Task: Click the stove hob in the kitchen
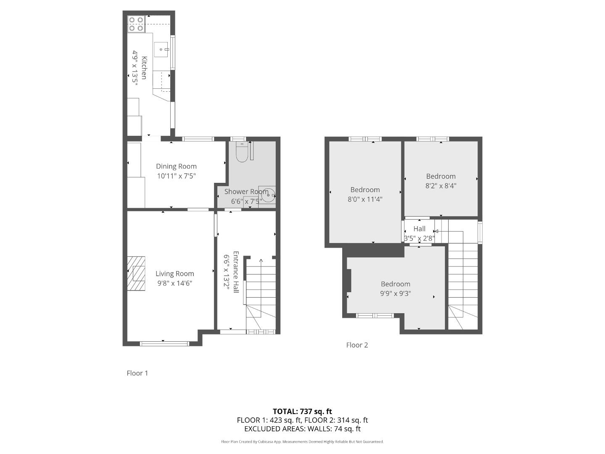(x=136, y=24)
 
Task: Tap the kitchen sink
(x=161, y=50)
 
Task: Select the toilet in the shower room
(x=242, y=151)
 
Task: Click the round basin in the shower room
(x=268, y=195)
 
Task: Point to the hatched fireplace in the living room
(x=136, y=273)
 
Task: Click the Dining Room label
(x=176, y=166)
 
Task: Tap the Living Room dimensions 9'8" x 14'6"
(x=175, y=283)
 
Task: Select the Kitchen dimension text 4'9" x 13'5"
(x=135, y=68)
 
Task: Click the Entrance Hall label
(x=236, y=272)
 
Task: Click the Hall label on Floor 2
(x=419, y=229)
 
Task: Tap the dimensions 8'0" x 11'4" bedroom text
(x=365, y=199)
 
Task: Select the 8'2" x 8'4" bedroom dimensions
(x=441, y=186)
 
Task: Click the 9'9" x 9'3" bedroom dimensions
(x=396, y=293)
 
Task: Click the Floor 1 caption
(x=137, y=373)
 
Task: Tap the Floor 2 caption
(x=357, y=345)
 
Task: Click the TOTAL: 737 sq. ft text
(x=302, y=411)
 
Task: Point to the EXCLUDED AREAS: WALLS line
(x=302, y=429)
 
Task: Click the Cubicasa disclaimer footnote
(x=302, y=442)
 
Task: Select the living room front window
(x=164, y=343)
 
